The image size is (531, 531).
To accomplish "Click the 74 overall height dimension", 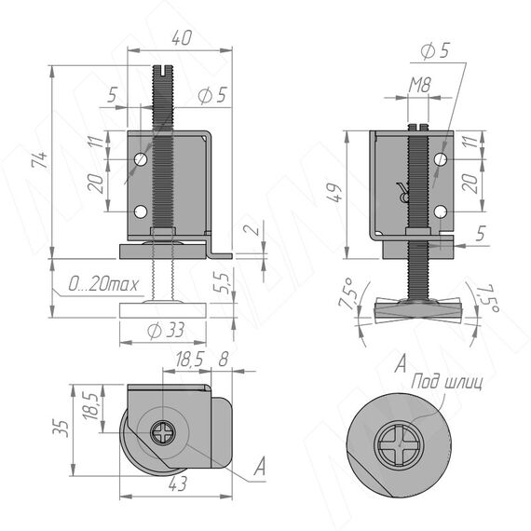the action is [x=40, y=160].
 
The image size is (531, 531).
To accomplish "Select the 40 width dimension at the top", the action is [x=182, y=37].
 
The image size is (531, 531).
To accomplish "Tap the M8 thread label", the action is [x=419, y=85].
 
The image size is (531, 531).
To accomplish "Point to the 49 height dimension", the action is [x=335, y=192].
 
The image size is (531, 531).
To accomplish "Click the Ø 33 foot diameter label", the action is [x=166, y=330].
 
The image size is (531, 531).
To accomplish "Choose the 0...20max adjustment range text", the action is [x=103, y=284].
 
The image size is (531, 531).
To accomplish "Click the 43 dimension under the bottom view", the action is [x=177, y=483].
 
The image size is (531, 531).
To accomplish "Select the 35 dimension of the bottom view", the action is [x=61, y=429].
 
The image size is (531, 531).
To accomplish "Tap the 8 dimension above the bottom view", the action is [x=224, y=359].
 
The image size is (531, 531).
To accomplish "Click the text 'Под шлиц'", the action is [x=446, y=382].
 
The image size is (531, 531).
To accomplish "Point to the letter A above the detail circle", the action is [x=401, y=363].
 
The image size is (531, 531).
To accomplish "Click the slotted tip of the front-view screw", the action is [x=164, y=70].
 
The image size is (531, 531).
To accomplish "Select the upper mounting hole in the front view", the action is [x=141, y=159].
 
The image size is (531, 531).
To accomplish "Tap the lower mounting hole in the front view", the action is [x=141, y=211].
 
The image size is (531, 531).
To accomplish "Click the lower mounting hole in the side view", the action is [x=441, y=212].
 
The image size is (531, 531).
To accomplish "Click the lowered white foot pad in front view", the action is [x=163, y=310].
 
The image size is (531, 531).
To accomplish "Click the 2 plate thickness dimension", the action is [x=254, y=229].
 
